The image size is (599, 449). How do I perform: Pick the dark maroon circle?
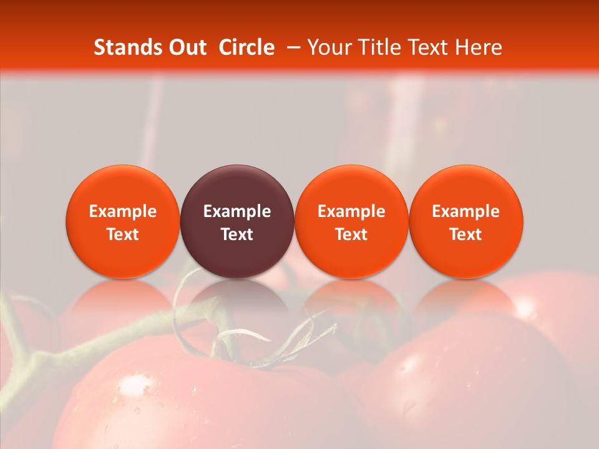pos(237,221)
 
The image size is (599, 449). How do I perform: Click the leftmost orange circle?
pos(123,221)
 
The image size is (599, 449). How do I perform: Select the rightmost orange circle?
pos(466,221)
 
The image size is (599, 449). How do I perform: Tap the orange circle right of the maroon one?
pos(351,221)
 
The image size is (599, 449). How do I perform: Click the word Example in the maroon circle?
pos(237,211)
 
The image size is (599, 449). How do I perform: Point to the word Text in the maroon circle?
pos(237,234)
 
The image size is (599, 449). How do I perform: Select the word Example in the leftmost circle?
pos(123,211)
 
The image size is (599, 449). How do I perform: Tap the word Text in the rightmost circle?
pos(466,234)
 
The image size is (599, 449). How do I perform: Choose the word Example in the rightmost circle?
pos(466,211)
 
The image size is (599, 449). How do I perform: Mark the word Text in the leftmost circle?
pos(123,234)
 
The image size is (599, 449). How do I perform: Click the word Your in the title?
pos(328,47)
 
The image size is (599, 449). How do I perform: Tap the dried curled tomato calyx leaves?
pos(275,337)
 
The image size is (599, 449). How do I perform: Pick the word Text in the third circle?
pos(351,234)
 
